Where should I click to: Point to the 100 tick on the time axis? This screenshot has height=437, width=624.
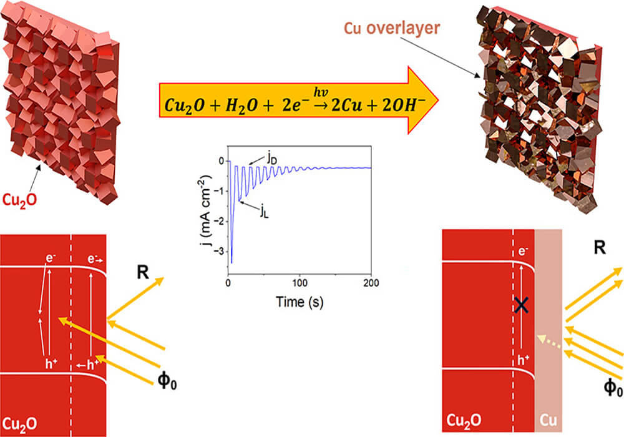[300, 281]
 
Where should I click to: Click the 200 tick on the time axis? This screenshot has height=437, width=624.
[371, 281]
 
